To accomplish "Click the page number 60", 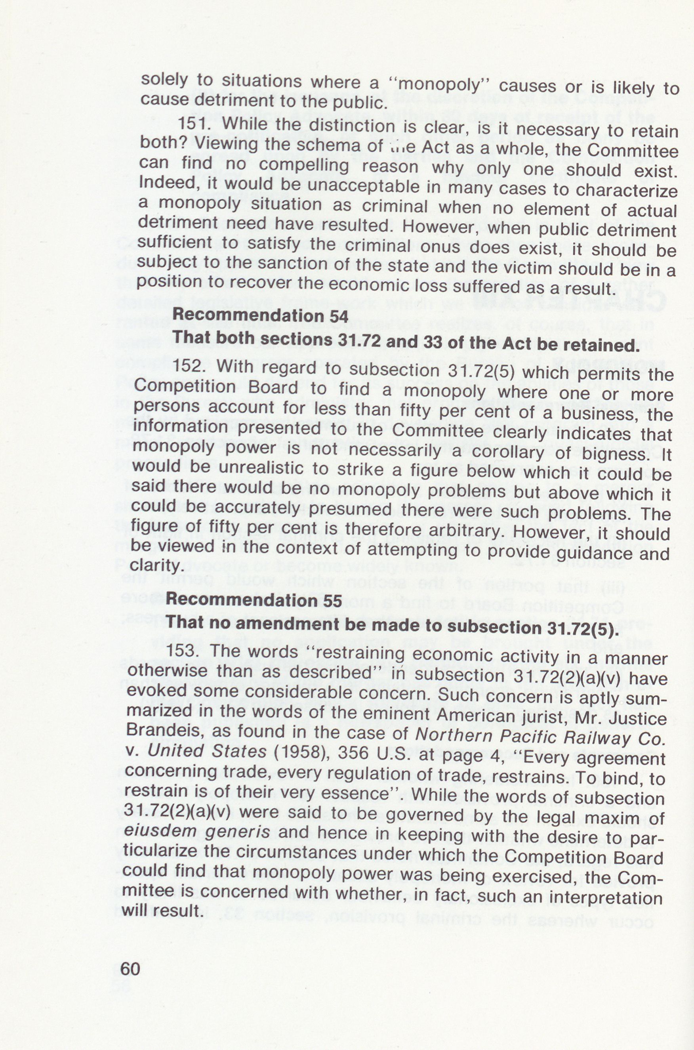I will coord(130,970).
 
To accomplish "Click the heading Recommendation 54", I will coord(260,315).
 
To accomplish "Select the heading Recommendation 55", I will coord(254,600).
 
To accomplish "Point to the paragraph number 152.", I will coord(190,366).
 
